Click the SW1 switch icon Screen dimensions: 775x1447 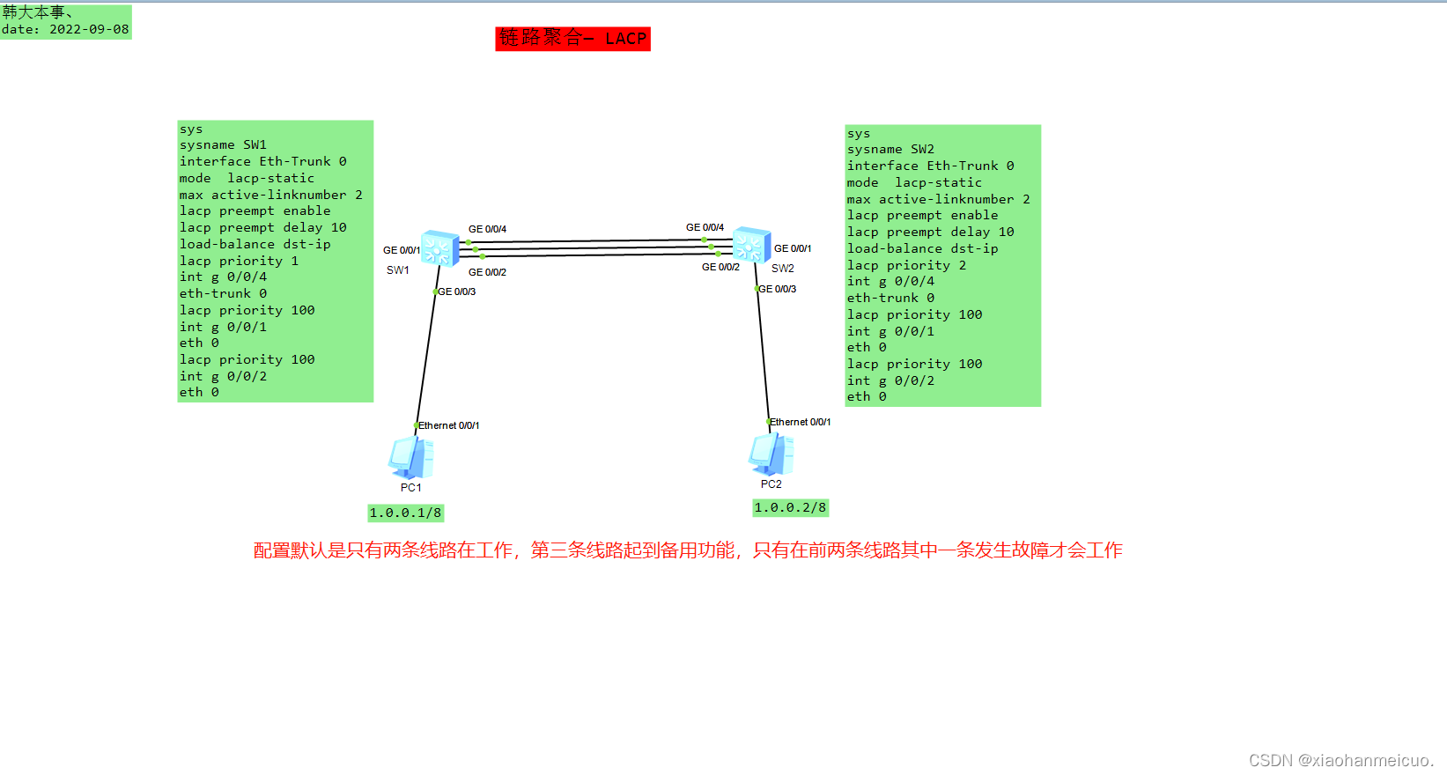pos(439,248)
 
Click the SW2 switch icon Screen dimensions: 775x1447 pos(751,244)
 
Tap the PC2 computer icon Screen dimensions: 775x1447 pos(771,454)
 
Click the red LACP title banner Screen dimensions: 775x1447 pos(572,39)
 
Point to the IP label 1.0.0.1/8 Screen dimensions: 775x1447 pos(405,513)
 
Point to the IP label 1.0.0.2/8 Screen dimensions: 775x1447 pos(790,507)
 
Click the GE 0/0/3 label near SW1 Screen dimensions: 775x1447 pos(457,292)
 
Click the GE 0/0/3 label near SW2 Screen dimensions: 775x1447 pos(778,289)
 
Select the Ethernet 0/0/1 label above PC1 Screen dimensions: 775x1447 pos(448,425)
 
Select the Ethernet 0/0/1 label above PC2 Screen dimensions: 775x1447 pos(800,422)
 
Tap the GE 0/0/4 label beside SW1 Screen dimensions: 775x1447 pos(487,229)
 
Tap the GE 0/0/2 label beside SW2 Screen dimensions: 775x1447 pos(720,267)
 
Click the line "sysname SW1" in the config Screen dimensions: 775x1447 pos(223,145)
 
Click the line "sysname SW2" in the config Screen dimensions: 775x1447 pos(890,150)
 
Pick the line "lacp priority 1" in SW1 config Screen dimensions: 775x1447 pos(239,261)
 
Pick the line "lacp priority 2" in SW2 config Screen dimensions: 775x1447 pos(906,265)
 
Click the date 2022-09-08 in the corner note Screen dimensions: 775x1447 pos(88,29)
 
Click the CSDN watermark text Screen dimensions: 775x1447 pos(1340,760)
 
